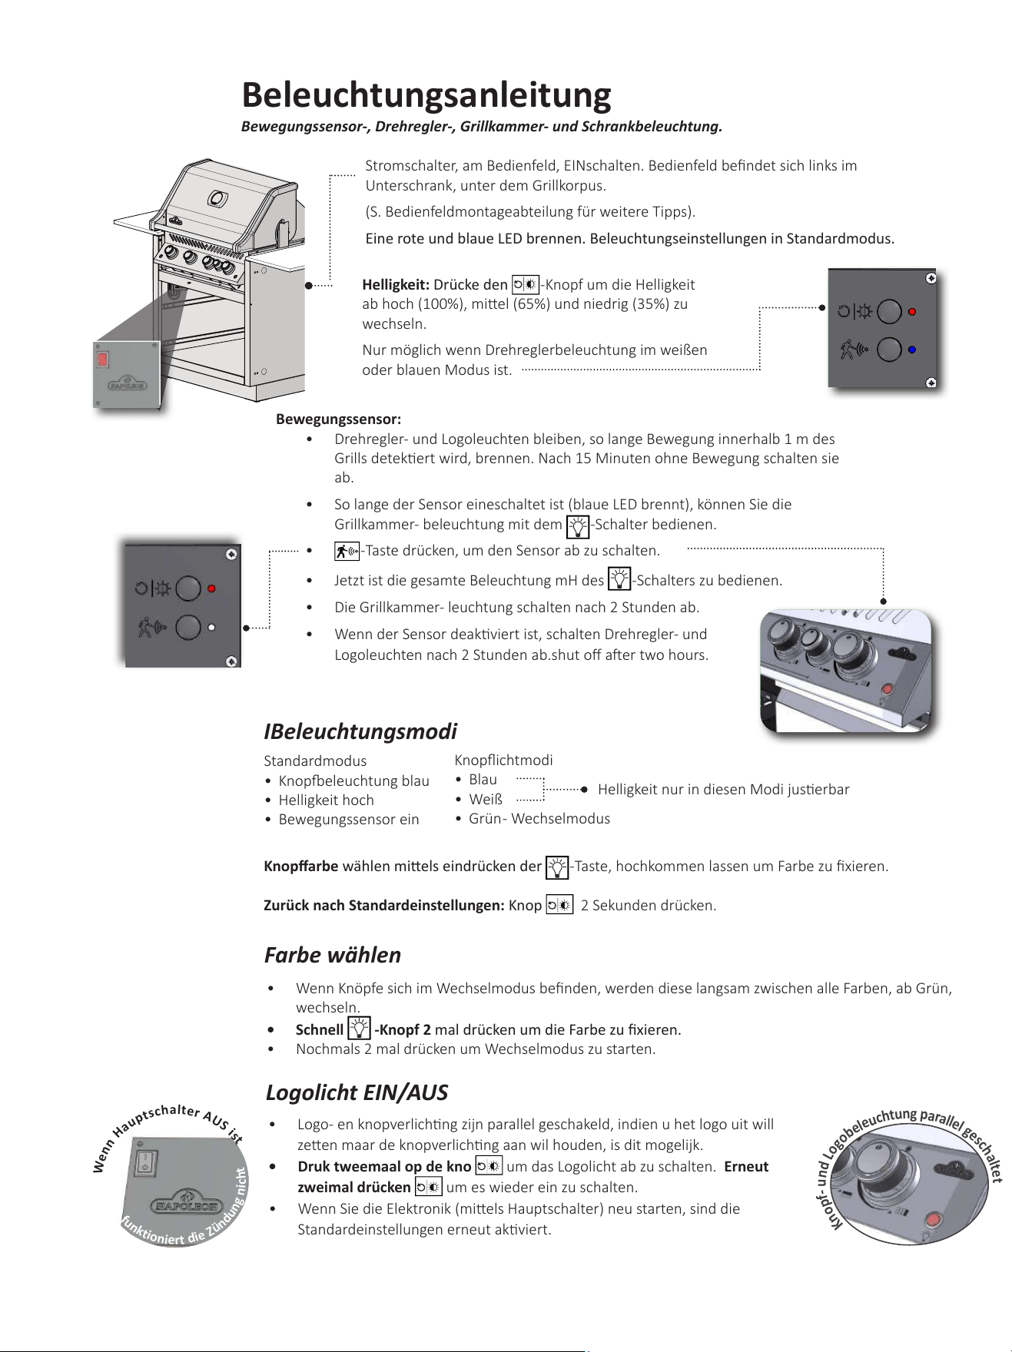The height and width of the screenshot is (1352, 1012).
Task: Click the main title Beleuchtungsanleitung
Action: [426, 95]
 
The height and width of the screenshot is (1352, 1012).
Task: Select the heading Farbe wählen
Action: [333, 955]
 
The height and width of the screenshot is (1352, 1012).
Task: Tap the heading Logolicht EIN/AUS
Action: [357, 1092]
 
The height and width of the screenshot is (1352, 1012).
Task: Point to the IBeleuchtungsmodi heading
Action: [360, 731]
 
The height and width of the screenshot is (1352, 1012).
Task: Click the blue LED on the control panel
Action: [912, 350]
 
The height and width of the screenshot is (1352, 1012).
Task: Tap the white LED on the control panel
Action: [211, 628]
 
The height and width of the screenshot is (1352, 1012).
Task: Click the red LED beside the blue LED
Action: [912, 312]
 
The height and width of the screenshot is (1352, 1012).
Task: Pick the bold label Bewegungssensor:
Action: [338, 419]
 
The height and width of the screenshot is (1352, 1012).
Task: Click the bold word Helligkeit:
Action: [396, 285]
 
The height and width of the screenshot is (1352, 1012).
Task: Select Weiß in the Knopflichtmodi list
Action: [486, 799]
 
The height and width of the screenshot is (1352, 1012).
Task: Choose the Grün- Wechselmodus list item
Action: [539, 818]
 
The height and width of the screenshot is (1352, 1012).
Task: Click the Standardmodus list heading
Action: [315, 760]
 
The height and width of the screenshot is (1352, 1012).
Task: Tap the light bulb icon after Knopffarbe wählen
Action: [557, 867]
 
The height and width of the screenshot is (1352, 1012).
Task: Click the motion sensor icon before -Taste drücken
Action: [347, 551]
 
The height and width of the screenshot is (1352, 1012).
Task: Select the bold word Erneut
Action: [746, 1166]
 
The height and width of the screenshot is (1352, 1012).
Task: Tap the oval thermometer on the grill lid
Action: [217, 199]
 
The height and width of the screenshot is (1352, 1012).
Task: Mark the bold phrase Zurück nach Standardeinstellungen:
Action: [384, 905]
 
